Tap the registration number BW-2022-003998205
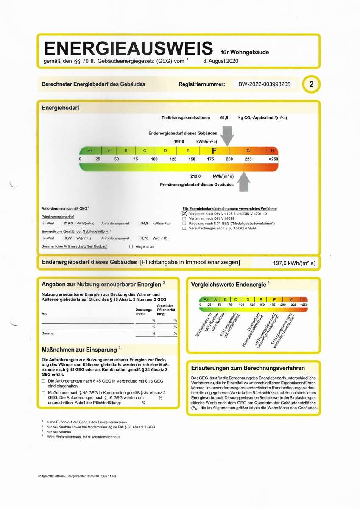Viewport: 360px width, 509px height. click(264, 84)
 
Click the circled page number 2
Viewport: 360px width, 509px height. click(311, 84)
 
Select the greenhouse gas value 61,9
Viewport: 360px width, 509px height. click(224, 117)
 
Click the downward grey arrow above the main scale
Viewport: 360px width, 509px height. click(227, 136)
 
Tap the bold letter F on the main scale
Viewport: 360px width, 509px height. click(214, 151)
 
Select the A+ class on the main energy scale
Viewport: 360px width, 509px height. click(90, 151)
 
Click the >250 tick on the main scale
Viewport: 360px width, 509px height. click(273, 159)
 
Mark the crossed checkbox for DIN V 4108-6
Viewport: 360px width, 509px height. click(184, 213)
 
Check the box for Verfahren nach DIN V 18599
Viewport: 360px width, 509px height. click(184, 218)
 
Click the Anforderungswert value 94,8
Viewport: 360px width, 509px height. click(145, 223)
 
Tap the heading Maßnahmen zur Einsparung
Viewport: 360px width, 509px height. click(79, 350)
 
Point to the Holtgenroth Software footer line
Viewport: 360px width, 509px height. click(76, 477)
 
